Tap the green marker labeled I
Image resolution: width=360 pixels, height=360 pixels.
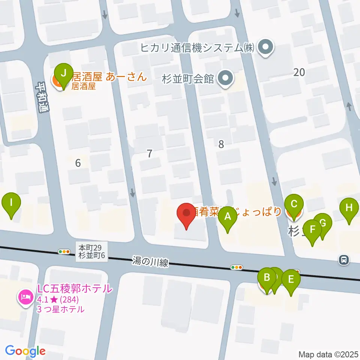tap(11, 203)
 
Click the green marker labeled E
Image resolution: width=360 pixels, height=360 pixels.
tap(291, 280)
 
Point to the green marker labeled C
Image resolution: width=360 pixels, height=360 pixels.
tap(294, 205)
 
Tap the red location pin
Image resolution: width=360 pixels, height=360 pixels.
tap(186, 214)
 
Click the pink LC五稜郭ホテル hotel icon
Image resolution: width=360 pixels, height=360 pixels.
tap(25, 297)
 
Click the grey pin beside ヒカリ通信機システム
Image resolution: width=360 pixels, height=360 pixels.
tap(267, 48)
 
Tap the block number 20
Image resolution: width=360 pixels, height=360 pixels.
tap(299, 72)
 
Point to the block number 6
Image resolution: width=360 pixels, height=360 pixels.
tap(78, 163)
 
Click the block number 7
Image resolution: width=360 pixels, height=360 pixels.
tap(150, 153)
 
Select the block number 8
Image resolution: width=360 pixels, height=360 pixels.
tap(221, 144)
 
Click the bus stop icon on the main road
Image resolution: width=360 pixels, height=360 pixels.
tap(343, 259)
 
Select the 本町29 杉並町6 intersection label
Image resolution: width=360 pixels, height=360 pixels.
tap(92, 252)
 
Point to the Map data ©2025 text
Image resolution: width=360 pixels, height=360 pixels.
tap(328, 354)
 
